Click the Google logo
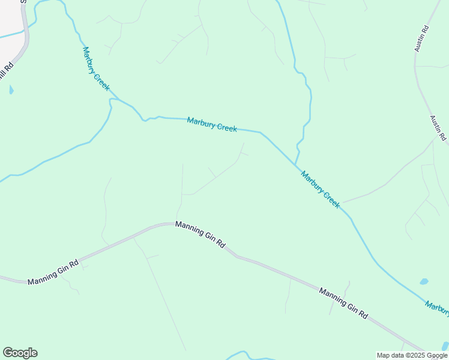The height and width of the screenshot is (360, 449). click(20, 353)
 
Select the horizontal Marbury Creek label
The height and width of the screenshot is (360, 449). click(212, 124)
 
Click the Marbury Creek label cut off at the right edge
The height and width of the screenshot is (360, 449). click(438, 307)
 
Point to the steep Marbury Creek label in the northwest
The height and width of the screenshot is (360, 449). click(96, 69)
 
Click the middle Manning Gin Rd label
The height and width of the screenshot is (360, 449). click(200, 235)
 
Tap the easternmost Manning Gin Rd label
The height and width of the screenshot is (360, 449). click(343, 302)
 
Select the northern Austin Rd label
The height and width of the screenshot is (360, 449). click(421, 38)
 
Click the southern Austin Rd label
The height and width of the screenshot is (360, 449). click(438, 128)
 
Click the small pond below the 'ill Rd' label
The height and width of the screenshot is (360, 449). click(11, 91)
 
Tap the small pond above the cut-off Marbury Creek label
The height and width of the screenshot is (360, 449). click(424, 281)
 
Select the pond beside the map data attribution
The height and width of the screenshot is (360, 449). click(445, 346)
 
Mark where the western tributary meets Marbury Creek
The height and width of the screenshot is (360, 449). click(111, 100)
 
